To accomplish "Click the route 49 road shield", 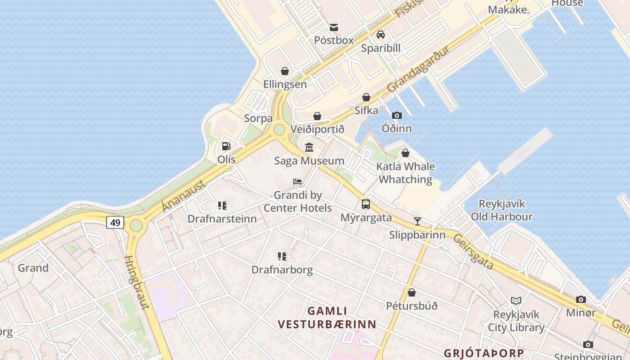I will coord(115,222).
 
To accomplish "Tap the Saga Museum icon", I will coord(309,147).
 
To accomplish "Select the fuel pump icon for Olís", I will coord(226,146).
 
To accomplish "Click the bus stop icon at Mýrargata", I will coord(366,204).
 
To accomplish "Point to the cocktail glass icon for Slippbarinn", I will coord(418,221).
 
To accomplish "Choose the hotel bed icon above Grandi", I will coord(297,182).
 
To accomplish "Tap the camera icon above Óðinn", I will coord(396,115).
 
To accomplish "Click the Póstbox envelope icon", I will coord(334,27).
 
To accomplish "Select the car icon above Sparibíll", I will coord(381,35).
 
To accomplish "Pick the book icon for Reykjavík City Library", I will coord(516,301).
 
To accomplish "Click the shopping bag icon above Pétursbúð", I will coord(411,292).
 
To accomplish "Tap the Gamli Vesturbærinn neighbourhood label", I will coord(327,318).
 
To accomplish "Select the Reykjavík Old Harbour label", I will coord(502,210).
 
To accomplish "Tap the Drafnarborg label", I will coord(282,270).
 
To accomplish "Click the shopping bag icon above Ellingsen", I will coord(285,71).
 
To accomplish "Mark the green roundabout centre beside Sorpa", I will coord(279,130).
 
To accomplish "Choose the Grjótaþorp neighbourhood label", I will coord(484,353).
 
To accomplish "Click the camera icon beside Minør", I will coord(581,299).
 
